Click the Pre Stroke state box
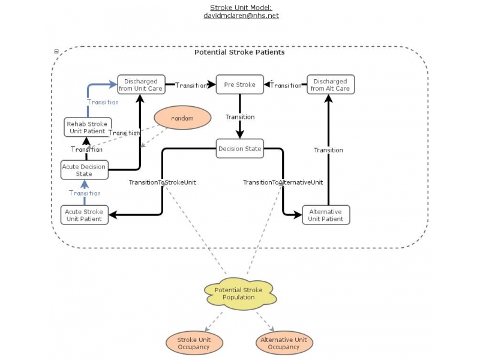pyautogui.click(x=240, y=85)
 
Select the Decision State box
pyautogui.click(x=240, y=148)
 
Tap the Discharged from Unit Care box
pyautogui.click(x=141, y=85)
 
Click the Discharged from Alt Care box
pyautogui.click(x=331, y=85)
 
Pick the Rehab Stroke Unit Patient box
pyautogui.click(x=88, y=127)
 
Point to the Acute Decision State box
pyautogui.click(x=85, y=170)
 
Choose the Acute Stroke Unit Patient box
pyautogui.click(x=85, y=215)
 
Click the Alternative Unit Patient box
pyautogui.click(x=325, y=215)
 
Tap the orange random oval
pyautogui.click(x=182, y=118)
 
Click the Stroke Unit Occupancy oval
pyautogui.click(x=194, y=343)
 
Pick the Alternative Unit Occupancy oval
pyautogui.click(x=283, y=343)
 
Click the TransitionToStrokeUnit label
pyautogui.click(x=163, y=182)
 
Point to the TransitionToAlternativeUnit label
pyautogui.click(x=283, y=182)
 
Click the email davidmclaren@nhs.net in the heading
pyautogui.click(x=241, y=16)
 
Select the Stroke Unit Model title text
pyautogui.click(x=241, y=7)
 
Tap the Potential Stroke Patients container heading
pyautogui.click(x=239, y=52)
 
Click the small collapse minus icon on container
pyautogui.click(x=56, y=52)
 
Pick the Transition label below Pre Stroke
pyautogui.click(x=240, y=117)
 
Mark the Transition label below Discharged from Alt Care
pyautogui.click(x=328, y=150)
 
